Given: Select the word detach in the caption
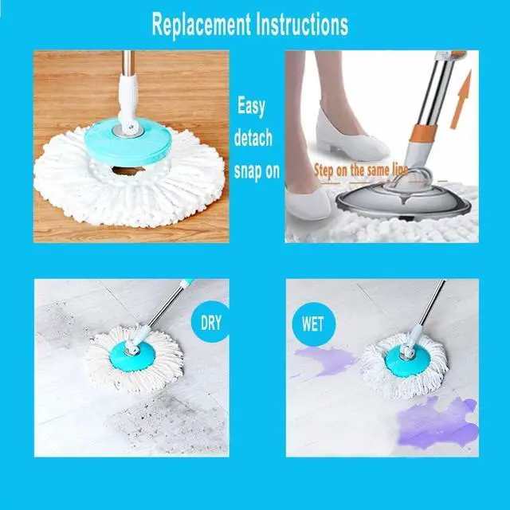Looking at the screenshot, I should (254, 139).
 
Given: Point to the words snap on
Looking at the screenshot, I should (257, 171).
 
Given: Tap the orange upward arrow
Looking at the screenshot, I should (461, 99).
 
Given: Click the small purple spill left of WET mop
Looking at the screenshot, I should (324, 361).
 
